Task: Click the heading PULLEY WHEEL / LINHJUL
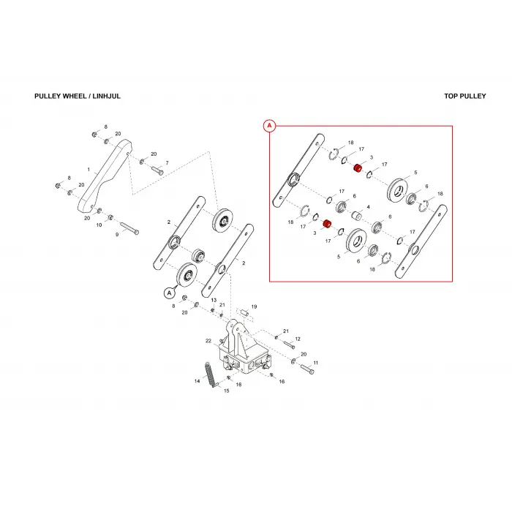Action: (x=78, y=96)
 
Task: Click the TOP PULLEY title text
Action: (x=465, y=96)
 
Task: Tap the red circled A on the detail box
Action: (x=269, y=126)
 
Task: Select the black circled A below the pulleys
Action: (x=169, y=293)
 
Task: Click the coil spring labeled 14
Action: (x=211, y=374)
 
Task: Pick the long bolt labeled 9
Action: (x=129, y=228)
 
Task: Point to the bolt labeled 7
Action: (x=157, y=170)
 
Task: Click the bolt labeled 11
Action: (x=306, y=369)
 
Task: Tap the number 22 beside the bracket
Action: (x=208, y=341)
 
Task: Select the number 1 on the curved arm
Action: (x=89, y=170)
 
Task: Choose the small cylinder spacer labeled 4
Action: (x=357, y=216)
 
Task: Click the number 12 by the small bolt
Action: (x=298, y=339)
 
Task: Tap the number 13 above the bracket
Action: (x=214, y=300)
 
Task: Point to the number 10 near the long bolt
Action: (x=99, y=225)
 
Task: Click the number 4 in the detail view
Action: (x=369, y=207)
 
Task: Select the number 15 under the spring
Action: (x=227, y=391)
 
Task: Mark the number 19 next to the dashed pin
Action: (x=254, y=306)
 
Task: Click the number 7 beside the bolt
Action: (x=167, y=163)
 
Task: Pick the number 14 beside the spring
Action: (x=197, y=381)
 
